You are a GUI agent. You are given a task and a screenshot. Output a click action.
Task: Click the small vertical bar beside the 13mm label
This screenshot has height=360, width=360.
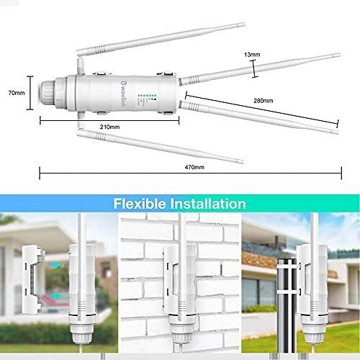[x=253, y=66]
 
